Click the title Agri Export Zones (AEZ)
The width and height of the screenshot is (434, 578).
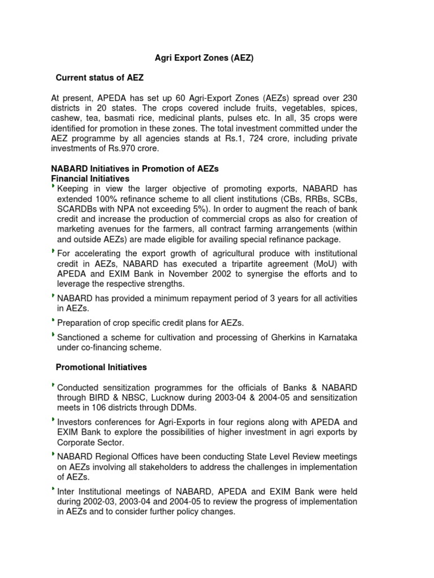205,58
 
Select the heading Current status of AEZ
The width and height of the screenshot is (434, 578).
103,77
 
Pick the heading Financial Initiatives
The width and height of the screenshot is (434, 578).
90,178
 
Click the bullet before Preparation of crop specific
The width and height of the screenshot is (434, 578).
53,320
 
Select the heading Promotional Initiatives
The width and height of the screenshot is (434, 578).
101,367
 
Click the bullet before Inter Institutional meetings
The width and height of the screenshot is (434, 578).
53,489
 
